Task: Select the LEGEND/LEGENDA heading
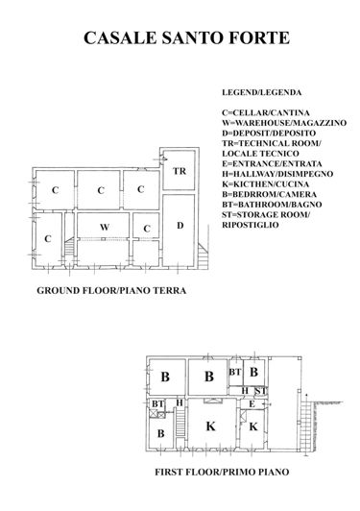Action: tap(261, 93)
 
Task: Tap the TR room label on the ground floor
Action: tap(179, 171)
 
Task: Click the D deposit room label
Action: tap(180, 225)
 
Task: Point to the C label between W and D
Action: tap(146, 227)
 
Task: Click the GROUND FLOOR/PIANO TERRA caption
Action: tap(110, 289)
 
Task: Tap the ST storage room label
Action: tap(259, 390)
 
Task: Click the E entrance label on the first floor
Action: tap(252, 404)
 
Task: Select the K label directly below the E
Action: tap(253, 426)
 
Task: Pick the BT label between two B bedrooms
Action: tap(234, 371)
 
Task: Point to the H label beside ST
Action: tap(246, 390)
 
